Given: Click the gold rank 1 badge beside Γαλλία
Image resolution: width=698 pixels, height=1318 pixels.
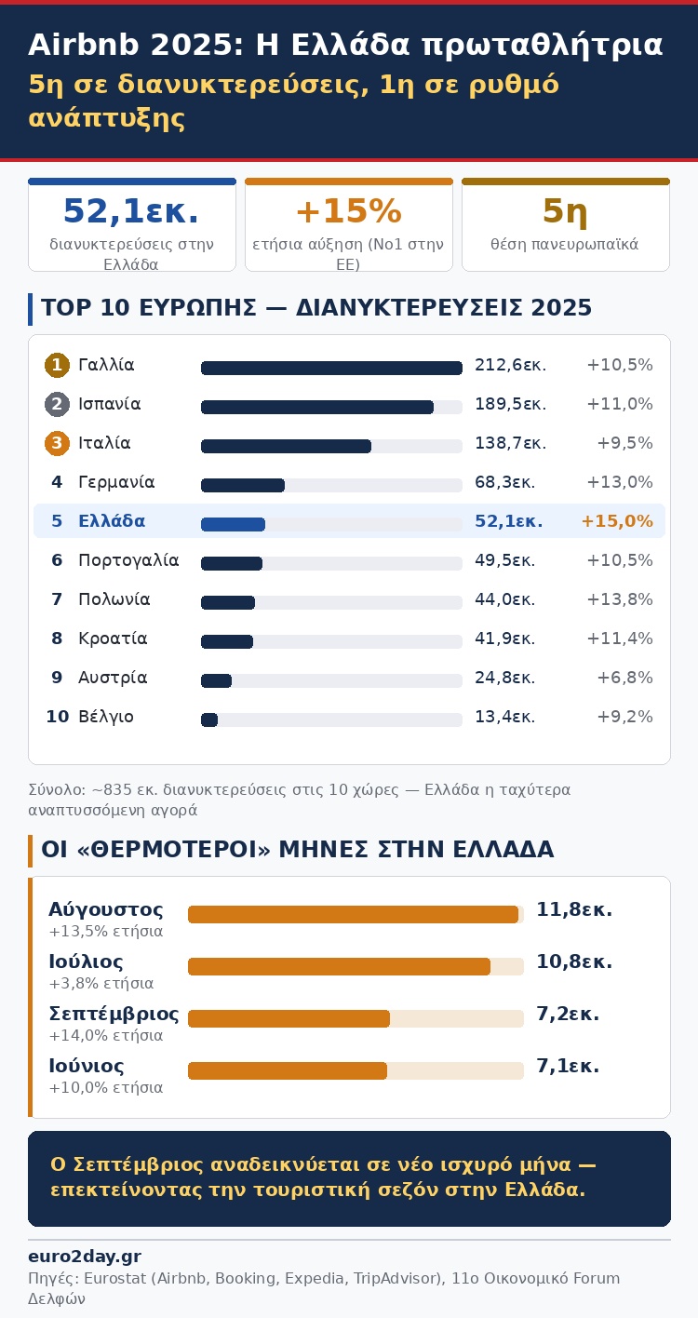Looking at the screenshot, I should click(57, 366).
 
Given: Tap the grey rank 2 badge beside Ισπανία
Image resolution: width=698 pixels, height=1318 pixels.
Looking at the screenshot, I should click(57, 405).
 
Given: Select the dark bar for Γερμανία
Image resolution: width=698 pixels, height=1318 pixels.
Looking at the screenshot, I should click(243, 485).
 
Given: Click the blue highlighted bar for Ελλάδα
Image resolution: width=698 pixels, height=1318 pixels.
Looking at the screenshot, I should click(233, 524).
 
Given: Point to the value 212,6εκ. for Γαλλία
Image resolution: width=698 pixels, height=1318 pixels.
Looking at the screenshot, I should click(510, 366).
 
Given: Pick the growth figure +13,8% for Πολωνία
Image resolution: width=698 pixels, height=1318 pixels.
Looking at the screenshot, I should click(620, 600).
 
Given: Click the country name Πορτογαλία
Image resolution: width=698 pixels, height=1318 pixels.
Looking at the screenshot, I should click(128, 561).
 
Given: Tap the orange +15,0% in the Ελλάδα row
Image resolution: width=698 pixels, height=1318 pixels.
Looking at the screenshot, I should click(616, 522).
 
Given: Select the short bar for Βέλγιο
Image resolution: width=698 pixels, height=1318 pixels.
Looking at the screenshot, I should click(209, 720).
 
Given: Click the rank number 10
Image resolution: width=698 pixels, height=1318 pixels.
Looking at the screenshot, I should click(57, 718).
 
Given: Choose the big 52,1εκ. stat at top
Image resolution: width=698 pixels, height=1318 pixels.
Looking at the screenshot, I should click(131, 212).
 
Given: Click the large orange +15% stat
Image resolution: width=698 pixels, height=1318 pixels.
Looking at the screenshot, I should click(348, 212).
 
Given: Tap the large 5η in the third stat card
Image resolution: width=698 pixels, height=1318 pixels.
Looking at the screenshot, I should click(565, 212).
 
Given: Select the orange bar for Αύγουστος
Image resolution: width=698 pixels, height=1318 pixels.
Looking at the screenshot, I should click(353, 915).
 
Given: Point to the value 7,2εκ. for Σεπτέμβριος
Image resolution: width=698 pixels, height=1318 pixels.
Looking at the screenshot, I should click(568, 1015).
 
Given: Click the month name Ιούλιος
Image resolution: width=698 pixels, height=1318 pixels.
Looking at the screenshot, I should click(86, 962).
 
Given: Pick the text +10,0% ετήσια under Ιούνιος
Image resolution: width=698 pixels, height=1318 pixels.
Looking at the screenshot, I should click(105, 1088).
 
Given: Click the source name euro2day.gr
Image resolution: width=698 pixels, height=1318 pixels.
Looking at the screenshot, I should click(85, 1257).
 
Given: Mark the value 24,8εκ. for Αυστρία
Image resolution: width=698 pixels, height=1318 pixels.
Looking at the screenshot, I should click(504, 679).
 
